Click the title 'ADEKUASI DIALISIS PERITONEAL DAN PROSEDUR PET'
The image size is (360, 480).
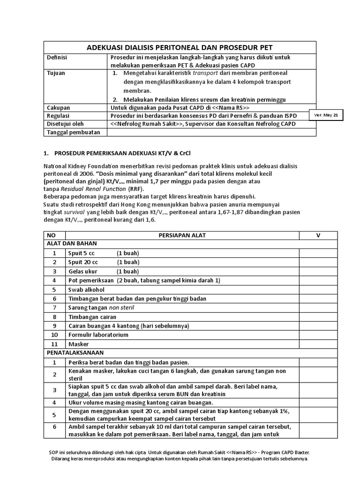coord(180,47)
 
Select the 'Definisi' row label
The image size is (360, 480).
coord(58,57)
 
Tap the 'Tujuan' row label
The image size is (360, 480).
coord(56,74)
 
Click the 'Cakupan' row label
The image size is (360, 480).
coord(59,107)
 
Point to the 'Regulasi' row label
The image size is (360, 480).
coord(59,115)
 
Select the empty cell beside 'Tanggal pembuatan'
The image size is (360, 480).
coord(211,132)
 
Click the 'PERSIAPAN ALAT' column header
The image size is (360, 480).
coord(182,235)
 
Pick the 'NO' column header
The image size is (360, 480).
coord(54,235)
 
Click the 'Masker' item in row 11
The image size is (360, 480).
coord(78,344)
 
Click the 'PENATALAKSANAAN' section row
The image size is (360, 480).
coord(75,352)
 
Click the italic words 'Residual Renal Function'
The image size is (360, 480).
coord(96,188)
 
